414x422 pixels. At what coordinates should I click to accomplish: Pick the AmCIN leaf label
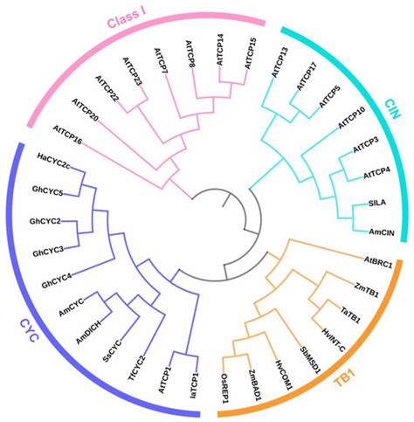tap(370, 232)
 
